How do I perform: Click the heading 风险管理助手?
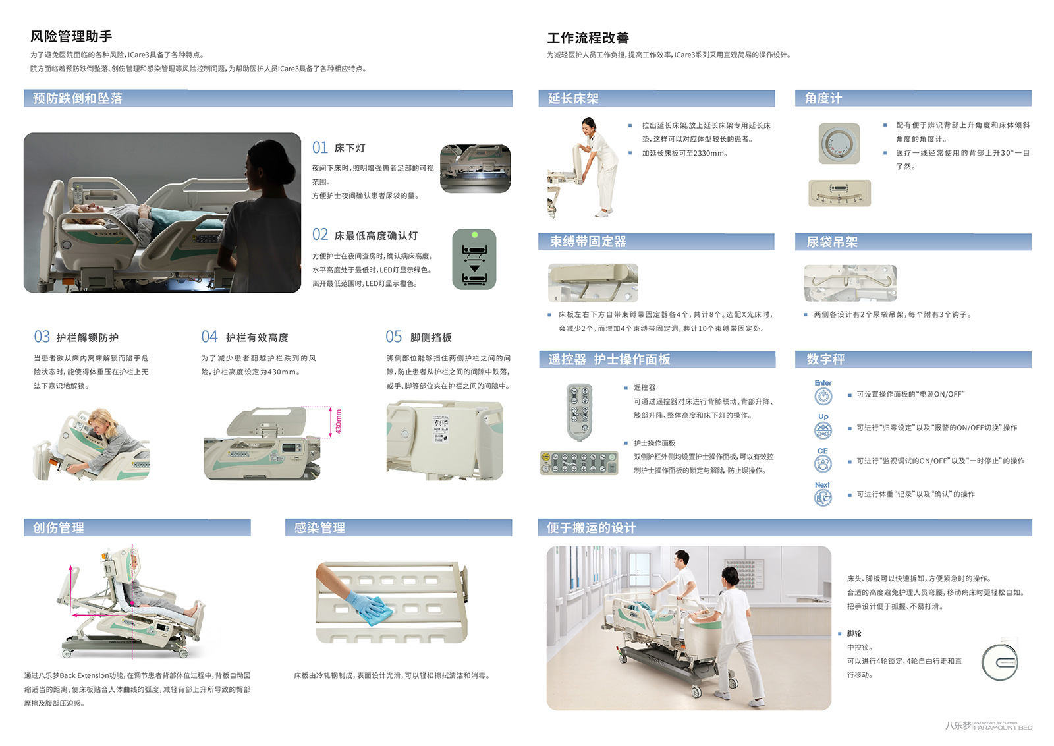click(71, 36)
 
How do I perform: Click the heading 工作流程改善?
click(588, 38)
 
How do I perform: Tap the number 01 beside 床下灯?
click(320, 148)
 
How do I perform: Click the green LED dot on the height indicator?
click(474, 235)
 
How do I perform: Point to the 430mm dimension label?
click(339, 421)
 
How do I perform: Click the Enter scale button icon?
click(823, 396)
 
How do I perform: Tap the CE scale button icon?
click(823, 464)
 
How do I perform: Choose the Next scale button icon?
click(823, 498)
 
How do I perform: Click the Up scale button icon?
click(823, 430)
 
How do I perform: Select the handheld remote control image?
click(579, 412)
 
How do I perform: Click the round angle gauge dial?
click(839, 144)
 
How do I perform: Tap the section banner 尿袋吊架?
click(913, 242)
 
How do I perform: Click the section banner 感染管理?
click(399, 528)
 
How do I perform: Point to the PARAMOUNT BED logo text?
click(1003, 727)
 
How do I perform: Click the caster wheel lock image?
click(1000, 661)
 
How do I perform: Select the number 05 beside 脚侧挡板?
click(393, 337)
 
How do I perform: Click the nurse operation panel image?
click(579, 463)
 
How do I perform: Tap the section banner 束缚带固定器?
click(656, 241)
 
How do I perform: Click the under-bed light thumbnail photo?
click(475, 169)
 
